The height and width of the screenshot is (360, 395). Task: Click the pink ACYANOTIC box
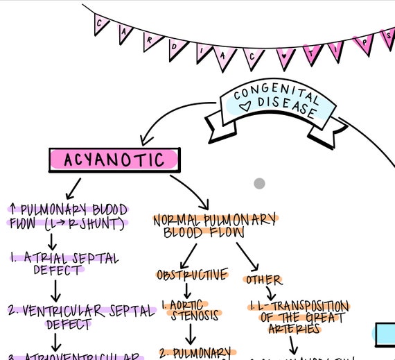[x=114, y=160]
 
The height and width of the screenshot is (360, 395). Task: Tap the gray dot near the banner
[x=259, y=184]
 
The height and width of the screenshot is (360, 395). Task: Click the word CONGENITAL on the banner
[x=276, y=95]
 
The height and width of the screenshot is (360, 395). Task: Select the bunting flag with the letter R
[x=150, y=40]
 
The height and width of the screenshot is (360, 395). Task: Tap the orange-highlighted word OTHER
[x=263, y=280]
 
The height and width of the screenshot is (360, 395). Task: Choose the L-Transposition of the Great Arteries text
[x=298, y=316]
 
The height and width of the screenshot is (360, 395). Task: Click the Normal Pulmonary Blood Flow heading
[x=214, y=225]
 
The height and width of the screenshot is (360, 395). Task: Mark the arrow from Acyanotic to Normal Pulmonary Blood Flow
[x=191, y=191]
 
